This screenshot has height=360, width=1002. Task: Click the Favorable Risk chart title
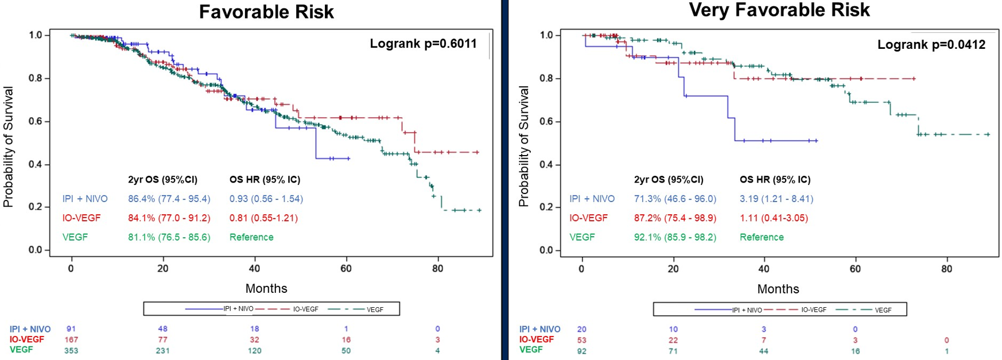tap(266, 12)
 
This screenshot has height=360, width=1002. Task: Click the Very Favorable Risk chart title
tap(779, 10)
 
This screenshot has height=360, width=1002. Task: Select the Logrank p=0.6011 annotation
tap(423, 44)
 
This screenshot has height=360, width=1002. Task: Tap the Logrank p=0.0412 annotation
tap(931, 45)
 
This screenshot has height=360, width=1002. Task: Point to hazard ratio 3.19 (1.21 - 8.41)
tap(776, 199)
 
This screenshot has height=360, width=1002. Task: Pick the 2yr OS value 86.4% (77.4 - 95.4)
tap(169, 199)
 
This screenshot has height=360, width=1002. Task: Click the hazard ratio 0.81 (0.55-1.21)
tap(263, 218)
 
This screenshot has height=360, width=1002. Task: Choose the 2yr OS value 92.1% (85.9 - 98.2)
tap(675, 237)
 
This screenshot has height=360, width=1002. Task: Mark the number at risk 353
tap(71, 350)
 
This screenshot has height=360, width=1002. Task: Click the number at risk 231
tap(163, 350)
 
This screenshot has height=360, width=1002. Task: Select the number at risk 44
tap(764, 350)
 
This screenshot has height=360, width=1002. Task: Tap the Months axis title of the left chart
tap(266, 288)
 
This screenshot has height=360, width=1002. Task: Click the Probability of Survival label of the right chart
tap(523, 146)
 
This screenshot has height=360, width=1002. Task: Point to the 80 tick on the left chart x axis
tap(437, 269)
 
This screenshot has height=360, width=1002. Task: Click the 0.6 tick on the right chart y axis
tap(546, 121)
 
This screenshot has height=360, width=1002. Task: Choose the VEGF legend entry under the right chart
tap(883, 310)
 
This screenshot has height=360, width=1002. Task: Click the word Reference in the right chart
tap(761, 237)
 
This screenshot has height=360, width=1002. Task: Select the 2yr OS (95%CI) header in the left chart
tap(162, 180)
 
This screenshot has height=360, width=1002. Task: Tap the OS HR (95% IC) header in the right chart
tap(775, 180)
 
